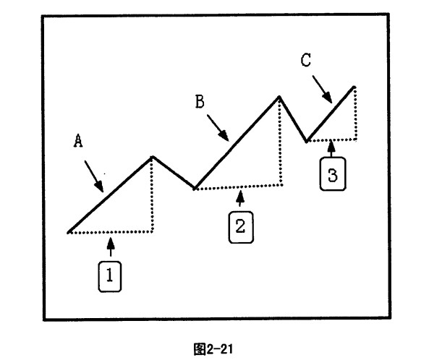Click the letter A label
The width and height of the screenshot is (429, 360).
[x=78, y=140]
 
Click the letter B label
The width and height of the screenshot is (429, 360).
[x=200, y=101]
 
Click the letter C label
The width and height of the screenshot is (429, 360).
[x=306, y=60]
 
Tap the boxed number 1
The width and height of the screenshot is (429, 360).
[x=110, y=276]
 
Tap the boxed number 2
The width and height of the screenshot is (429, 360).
[x=241, y=227]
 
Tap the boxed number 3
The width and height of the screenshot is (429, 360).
[x=333, y=173]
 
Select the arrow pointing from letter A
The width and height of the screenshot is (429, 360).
[x=94, y=176]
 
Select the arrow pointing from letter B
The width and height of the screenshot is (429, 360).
[x=218, y=128]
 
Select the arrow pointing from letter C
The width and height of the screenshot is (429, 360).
[x=323, y=89]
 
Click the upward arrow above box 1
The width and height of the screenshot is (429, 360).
[x=111, y=247]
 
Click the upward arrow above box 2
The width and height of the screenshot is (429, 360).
[x=240, y=199]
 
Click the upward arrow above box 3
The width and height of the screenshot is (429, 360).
[x=331, y=148]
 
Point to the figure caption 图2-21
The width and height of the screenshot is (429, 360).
[x=213, y=349]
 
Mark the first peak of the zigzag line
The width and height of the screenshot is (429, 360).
[x=152, y=157]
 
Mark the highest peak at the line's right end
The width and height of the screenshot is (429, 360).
[x=354, y=87]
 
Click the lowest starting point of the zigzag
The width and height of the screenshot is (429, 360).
[x=69, y=233]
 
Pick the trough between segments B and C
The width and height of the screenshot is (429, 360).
[x=307, y=141]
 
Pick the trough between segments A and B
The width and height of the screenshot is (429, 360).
[x=195, y=189]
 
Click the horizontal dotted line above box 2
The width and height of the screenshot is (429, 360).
[x=238, y=187]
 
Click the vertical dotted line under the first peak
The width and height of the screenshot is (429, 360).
[x=152, y=194]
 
